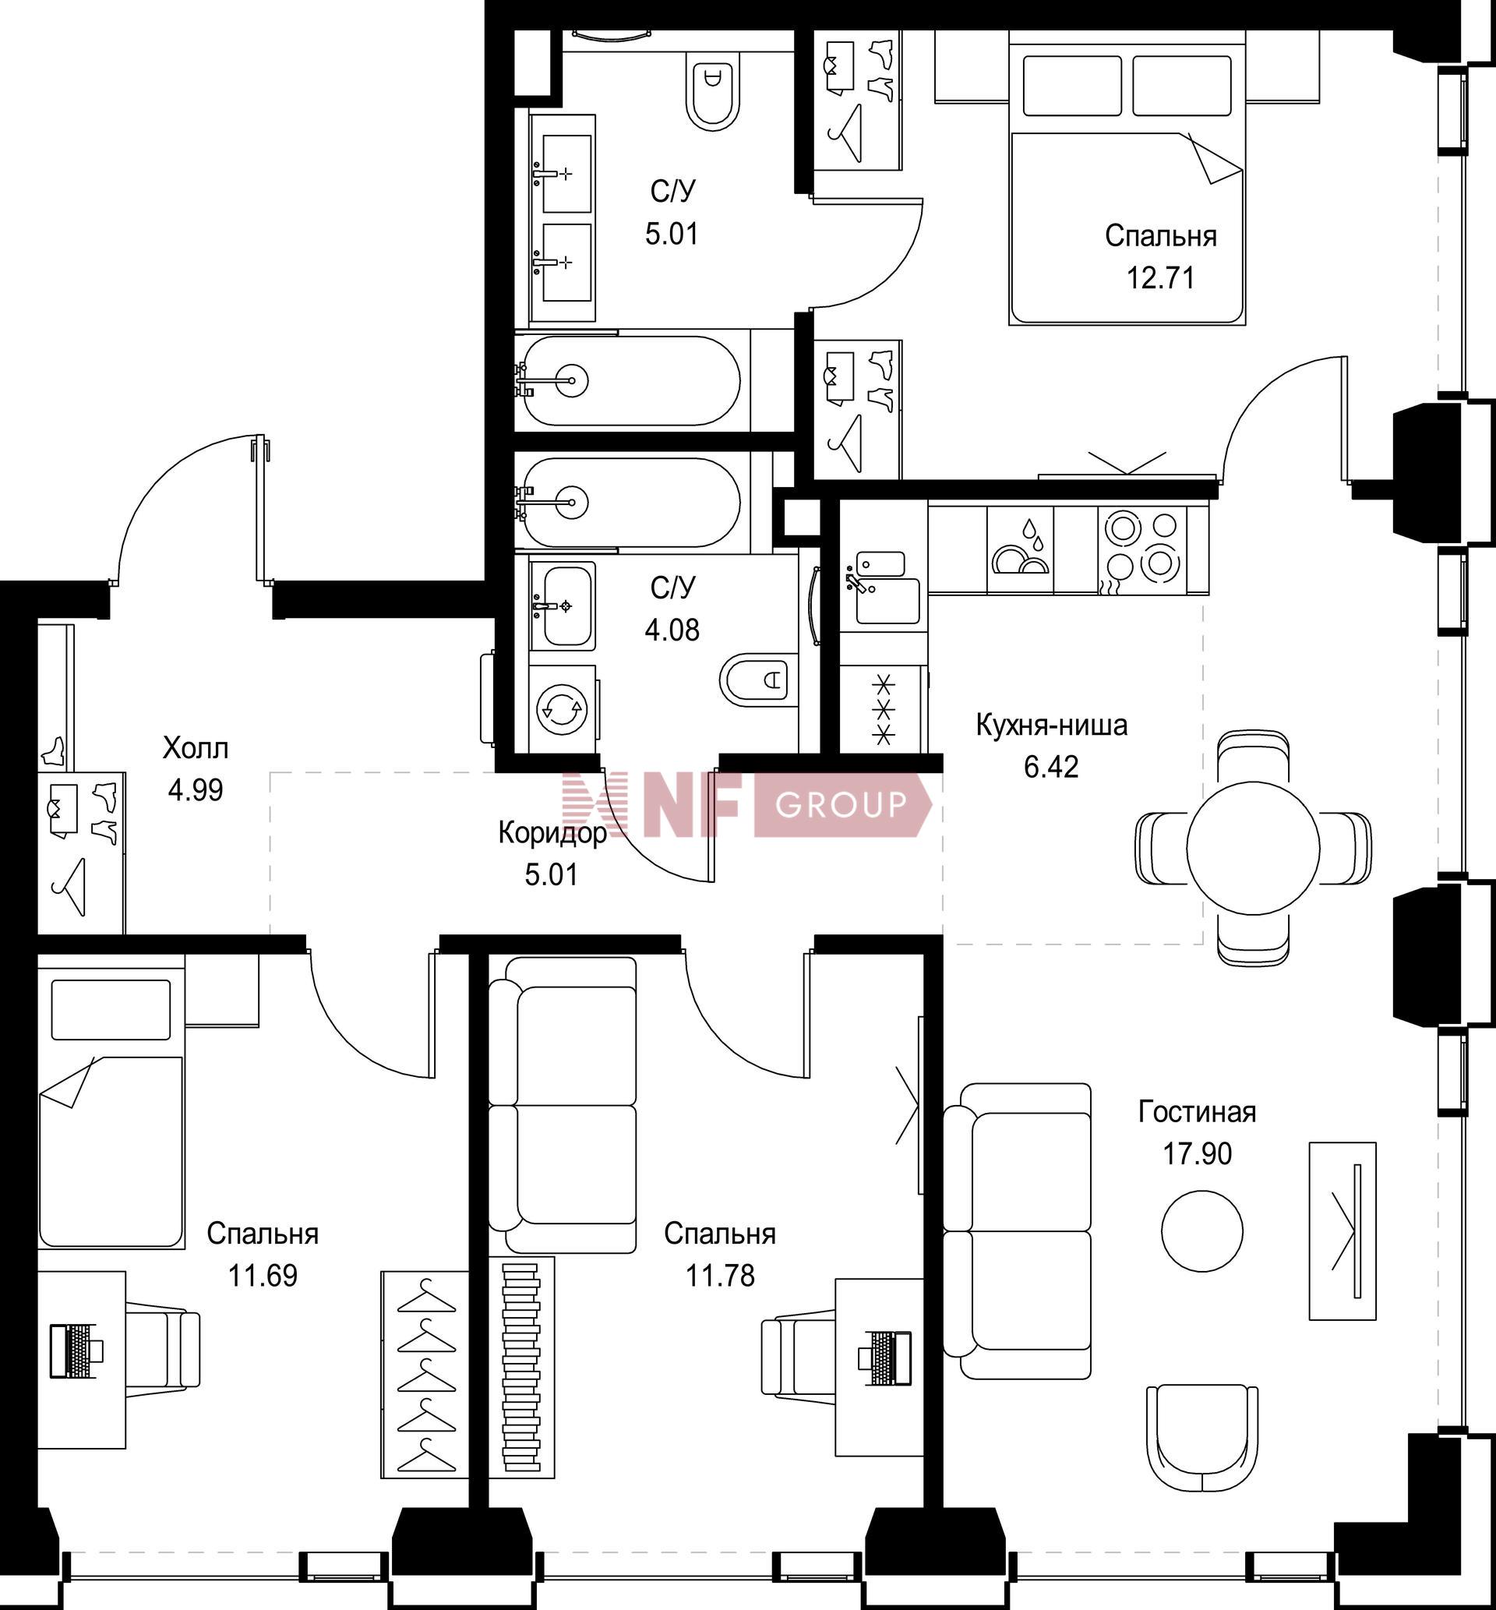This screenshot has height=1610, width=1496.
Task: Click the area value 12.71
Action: pyautogui.click(x=1160, y=278)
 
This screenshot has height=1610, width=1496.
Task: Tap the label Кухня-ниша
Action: pyautogui.click(x=1052, y=725)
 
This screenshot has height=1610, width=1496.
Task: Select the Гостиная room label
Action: pyautogui.click(x=1198, y=1111)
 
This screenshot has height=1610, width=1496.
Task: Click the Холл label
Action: pyautogui.click(x=195, y=748)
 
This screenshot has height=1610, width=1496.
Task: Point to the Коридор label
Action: pyautogui.click(x=552, y=833)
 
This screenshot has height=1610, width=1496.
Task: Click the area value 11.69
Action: pyautogui.click(x=263, y=1276)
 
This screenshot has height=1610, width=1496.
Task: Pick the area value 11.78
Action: pyautogui.click(x=720, y=1276)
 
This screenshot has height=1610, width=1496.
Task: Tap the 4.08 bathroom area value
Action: pyautogui.click(x=672, y=630)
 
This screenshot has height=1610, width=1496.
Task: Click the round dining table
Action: pyautogui.click(x=1253, y=848)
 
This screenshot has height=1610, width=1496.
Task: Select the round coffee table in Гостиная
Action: pyautogui.click(x=1201, y=1230)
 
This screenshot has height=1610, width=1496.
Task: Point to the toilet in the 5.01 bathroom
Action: pyautogui.click(x=713, y=90)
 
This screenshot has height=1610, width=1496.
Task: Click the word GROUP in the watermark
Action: pyautogui.click(x=841, y=804)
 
